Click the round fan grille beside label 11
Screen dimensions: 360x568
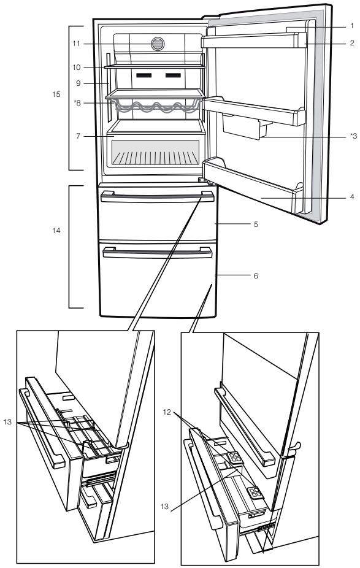point(158,44)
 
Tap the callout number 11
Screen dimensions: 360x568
point(76,44)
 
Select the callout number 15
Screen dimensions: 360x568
point(56,94)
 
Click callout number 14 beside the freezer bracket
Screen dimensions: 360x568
point(56,231)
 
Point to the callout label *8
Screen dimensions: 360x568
point(77,103)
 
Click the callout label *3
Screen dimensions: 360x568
point(353,136)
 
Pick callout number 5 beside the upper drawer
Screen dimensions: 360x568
point(256,225)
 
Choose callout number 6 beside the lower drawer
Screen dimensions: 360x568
point(256,275)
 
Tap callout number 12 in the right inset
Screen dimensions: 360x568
point(167,412)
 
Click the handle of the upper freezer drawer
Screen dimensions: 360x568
point(157,197)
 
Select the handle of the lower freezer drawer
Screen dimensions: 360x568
point(157,253)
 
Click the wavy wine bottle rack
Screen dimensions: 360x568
point(156,107)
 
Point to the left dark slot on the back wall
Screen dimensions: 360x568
point(144,75)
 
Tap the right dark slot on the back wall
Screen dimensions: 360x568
point(173,75)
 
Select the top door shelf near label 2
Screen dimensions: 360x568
point(253,40)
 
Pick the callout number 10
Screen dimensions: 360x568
point(77,67)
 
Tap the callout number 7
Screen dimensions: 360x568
point(78,136)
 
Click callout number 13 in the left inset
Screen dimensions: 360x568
point(7,421)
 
